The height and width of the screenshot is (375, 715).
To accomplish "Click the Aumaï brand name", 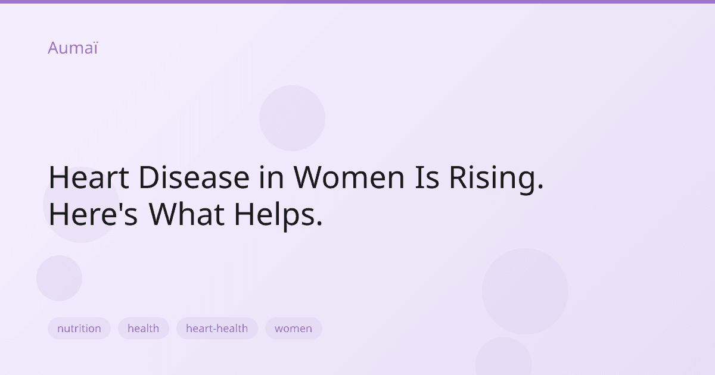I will click(x=73, y=48).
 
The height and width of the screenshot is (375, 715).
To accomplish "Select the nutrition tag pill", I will click(x=79, y=329).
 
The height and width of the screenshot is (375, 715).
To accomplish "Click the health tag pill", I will click(x=144, y=329).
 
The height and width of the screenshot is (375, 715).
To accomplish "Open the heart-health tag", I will click(x=217, y=329).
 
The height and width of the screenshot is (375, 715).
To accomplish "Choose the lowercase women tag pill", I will click(x=293, y=329).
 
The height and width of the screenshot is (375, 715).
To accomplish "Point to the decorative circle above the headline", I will click(x=292, y=118).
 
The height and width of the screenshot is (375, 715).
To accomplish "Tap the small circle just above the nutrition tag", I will click(x=59, y=278).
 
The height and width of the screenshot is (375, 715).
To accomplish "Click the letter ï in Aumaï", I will click(x=94, y=48).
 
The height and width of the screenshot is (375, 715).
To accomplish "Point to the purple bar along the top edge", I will click(x=357, y=2).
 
